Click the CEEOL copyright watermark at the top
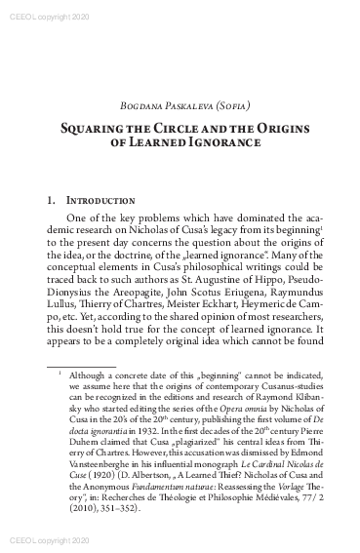point(35,7)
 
